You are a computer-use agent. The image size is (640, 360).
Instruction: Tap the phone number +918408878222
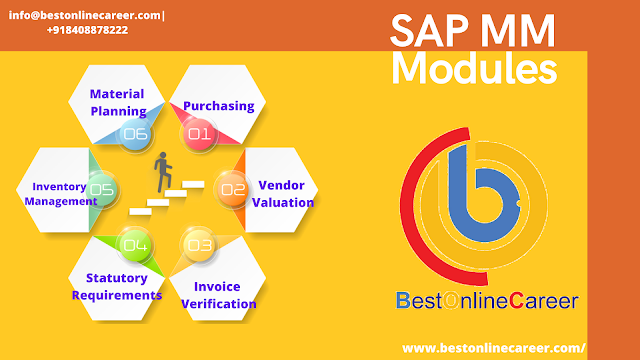tap(87, 30)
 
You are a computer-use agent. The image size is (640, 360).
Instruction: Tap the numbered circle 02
tap(232, 188)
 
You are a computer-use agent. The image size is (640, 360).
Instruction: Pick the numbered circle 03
tap(199, 243)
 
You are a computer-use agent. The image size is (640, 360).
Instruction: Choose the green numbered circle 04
tap(135, 243)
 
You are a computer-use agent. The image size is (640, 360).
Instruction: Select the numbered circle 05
tap(101, 188)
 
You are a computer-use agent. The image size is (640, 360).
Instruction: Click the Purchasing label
tap(220, 105)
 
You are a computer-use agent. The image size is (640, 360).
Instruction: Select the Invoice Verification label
tap(218, 294)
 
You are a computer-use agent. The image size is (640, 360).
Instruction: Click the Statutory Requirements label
tap(117, 286)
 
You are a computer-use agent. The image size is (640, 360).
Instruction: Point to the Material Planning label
tap(118, 102)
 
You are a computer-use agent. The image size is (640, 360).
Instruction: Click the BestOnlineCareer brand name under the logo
tap(486, 299)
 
